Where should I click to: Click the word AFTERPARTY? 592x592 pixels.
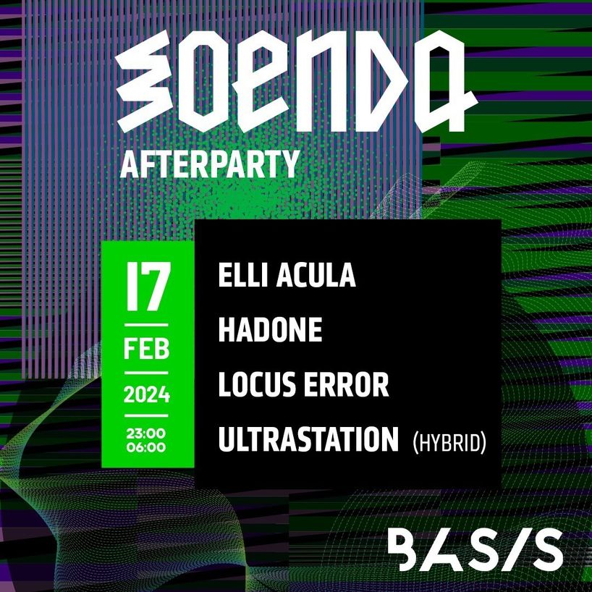coord(210,164)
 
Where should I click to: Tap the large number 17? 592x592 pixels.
coord(148,287)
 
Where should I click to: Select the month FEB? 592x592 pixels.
coord(146,350)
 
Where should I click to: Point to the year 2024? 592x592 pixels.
coord(146,395)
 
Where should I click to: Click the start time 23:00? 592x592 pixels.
coord(146,434)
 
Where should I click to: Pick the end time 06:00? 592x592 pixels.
coord(146,447)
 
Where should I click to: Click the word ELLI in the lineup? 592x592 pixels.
coord(243,275)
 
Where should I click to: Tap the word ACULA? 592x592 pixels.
coord(316,275)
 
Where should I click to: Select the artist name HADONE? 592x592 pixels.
coord(271,329)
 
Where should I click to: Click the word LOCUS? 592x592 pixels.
coord(257,385)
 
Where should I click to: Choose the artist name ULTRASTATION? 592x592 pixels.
coord(308,439)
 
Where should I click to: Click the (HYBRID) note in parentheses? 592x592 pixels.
coord(449,443)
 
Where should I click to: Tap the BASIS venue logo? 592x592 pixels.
coord(475,549)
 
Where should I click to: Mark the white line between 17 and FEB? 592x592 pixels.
coord(146,325)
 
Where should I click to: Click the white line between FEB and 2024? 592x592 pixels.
coord(146,373)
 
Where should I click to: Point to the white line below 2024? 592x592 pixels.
coord(146,415)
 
